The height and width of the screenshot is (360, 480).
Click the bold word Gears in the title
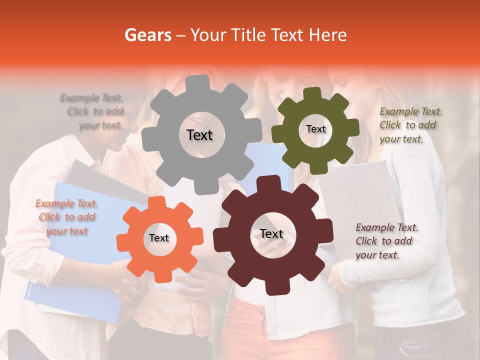point(147,35)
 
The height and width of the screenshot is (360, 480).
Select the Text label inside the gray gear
point(199,135)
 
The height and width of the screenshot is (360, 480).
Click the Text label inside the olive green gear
point(315,129)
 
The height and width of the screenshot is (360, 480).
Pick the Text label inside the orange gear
point(159,238)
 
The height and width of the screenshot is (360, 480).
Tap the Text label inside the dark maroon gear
point(271,233)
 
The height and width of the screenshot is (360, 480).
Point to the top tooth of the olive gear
point(312,93)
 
